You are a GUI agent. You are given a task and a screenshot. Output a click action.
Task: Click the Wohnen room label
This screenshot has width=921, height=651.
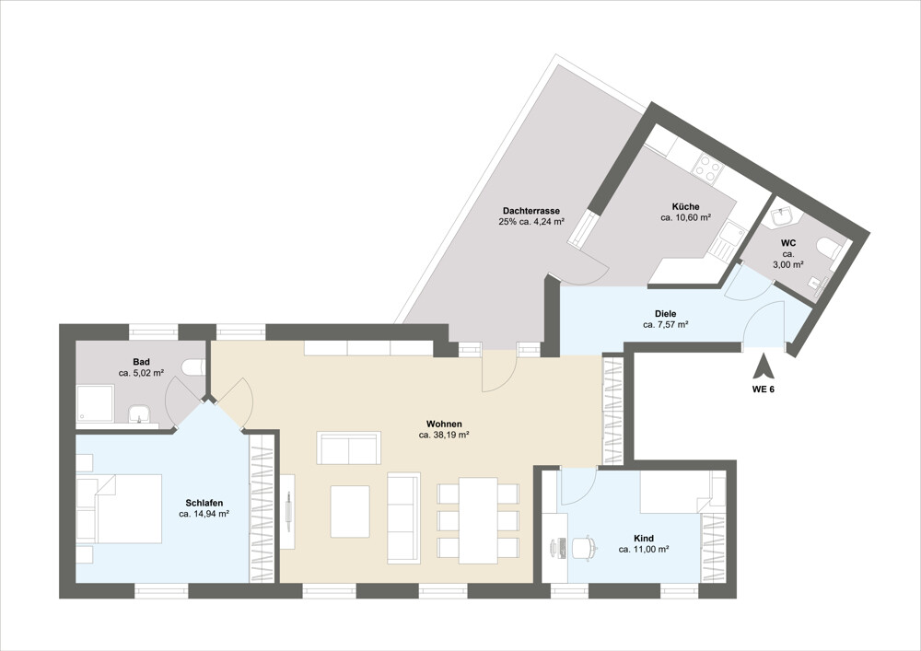(444, 424)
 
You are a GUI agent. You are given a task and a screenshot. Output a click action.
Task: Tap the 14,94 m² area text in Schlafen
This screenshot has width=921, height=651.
(204, 514)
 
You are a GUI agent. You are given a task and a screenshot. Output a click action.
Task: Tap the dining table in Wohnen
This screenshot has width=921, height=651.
(479, 520)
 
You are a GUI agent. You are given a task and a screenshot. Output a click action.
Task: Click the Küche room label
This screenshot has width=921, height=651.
(685, 206)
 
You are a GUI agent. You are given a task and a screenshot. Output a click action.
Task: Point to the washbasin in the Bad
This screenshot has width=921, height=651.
(141, 413)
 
